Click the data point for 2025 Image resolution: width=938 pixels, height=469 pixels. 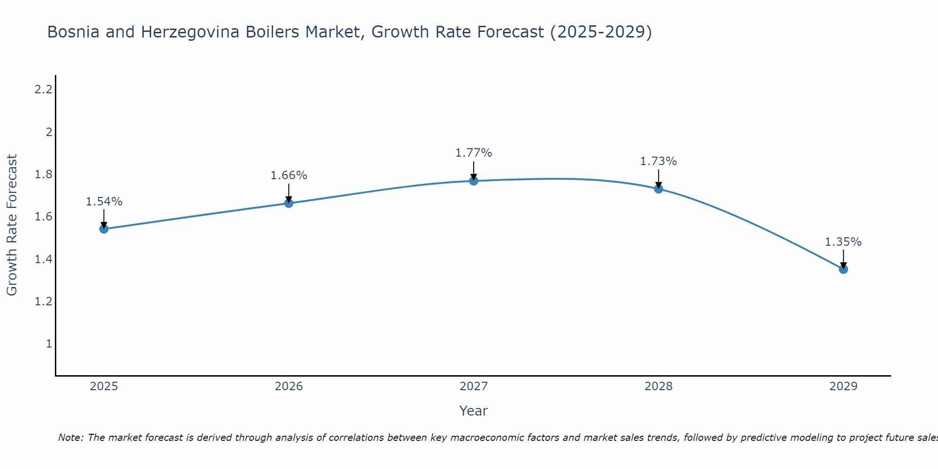tap(104, 229)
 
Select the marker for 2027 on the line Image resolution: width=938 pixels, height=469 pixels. tap(474, 181)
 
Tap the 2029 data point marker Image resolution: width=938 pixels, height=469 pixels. tap(843, 269)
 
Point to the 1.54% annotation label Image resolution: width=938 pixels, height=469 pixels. tap(104, 202)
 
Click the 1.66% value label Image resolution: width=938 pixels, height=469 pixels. tap(289, 175)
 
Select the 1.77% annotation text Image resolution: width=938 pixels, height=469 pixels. tap(474, 153)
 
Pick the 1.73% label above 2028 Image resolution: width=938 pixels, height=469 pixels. tap(658, 161)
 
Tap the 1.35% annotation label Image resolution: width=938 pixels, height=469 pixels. tap(843, 242)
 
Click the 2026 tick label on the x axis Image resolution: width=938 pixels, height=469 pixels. tap(289, 386)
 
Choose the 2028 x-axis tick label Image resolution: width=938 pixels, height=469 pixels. tap(658, 386)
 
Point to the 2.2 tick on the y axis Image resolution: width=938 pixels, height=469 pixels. tap(43, 90)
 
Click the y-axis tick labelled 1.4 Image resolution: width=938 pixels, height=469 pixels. tap(43, 259)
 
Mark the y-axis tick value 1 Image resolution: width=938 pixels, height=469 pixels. tap(49, 344)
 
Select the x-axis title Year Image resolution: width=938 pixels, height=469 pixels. tap(474, 411)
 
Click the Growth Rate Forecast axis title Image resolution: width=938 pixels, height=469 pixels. tap(12, 225)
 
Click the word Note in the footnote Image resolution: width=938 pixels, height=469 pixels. tap(70, 438)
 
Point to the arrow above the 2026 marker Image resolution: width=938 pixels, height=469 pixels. tap(289, 192)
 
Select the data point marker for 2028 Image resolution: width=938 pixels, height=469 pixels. tap(658, 189)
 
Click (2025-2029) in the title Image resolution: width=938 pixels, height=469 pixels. tap(601, 32)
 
